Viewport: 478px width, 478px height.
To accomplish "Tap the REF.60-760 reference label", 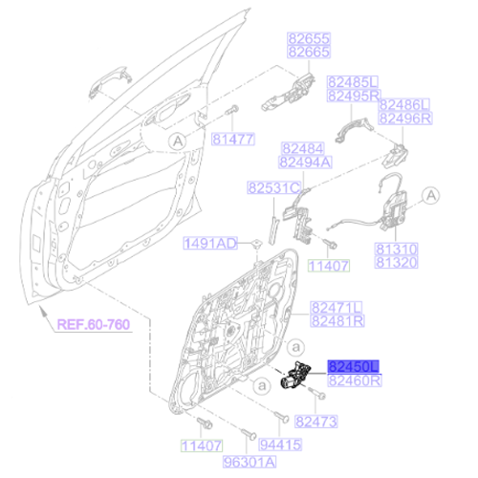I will click(x=92, y=325).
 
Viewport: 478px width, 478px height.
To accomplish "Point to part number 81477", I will click(x=232, y=138).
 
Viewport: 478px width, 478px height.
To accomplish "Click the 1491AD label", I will click(x=209, y=244).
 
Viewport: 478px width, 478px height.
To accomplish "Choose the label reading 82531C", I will click(x=273, y=188).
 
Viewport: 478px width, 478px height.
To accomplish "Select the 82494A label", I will click(x=307, y=162).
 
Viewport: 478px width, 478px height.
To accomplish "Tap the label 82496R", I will click(x=404, y=119).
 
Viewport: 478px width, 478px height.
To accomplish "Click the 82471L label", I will click(x=336, y=307).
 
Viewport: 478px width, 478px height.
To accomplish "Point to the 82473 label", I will click(x=316, y=422).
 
